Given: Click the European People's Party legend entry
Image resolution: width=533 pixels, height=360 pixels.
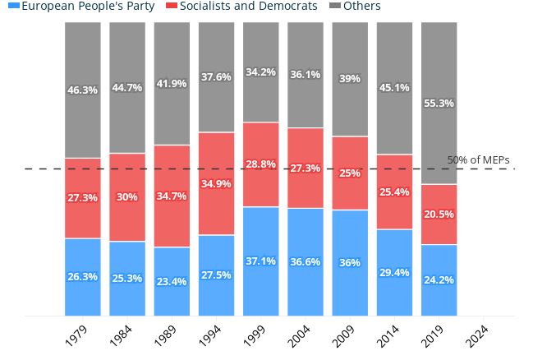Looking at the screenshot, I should [81, 6].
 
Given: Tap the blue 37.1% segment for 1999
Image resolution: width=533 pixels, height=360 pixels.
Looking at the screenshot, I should [260, 261].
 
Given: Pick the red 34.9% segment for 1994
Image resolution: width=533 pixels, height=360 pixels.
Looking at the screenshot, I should [216, 183].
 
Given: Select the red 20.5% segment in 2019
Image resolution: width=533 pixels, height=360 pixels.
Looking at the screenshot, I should [439, 215].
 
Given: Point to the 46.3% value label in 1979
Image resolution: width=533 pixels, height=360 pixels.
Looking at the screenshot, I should [83, 90].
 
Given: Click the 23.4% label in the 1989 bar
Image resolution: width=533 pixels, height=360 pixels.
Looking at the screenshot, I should [172, 281].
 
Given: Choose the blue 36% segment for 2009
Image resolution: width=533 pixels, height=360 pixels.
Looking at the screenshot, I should [350, 262].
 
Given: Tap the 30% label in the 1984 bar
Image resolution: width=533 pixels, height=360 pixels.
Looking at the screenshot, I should [127, 197].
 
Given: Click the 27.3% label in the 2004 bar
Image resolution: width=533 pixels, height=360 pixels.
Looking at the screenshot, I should [306, 168].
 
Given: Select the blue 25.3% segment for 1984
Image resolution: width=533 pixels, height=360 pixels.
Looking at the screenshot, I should [127, 278].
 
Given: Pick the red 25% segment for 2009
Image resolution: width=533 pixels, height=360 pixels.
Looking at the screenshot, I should [350, 173].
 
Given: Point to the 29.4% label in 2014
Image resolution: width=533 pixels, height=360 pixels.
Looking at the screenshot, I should [394, 273].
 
